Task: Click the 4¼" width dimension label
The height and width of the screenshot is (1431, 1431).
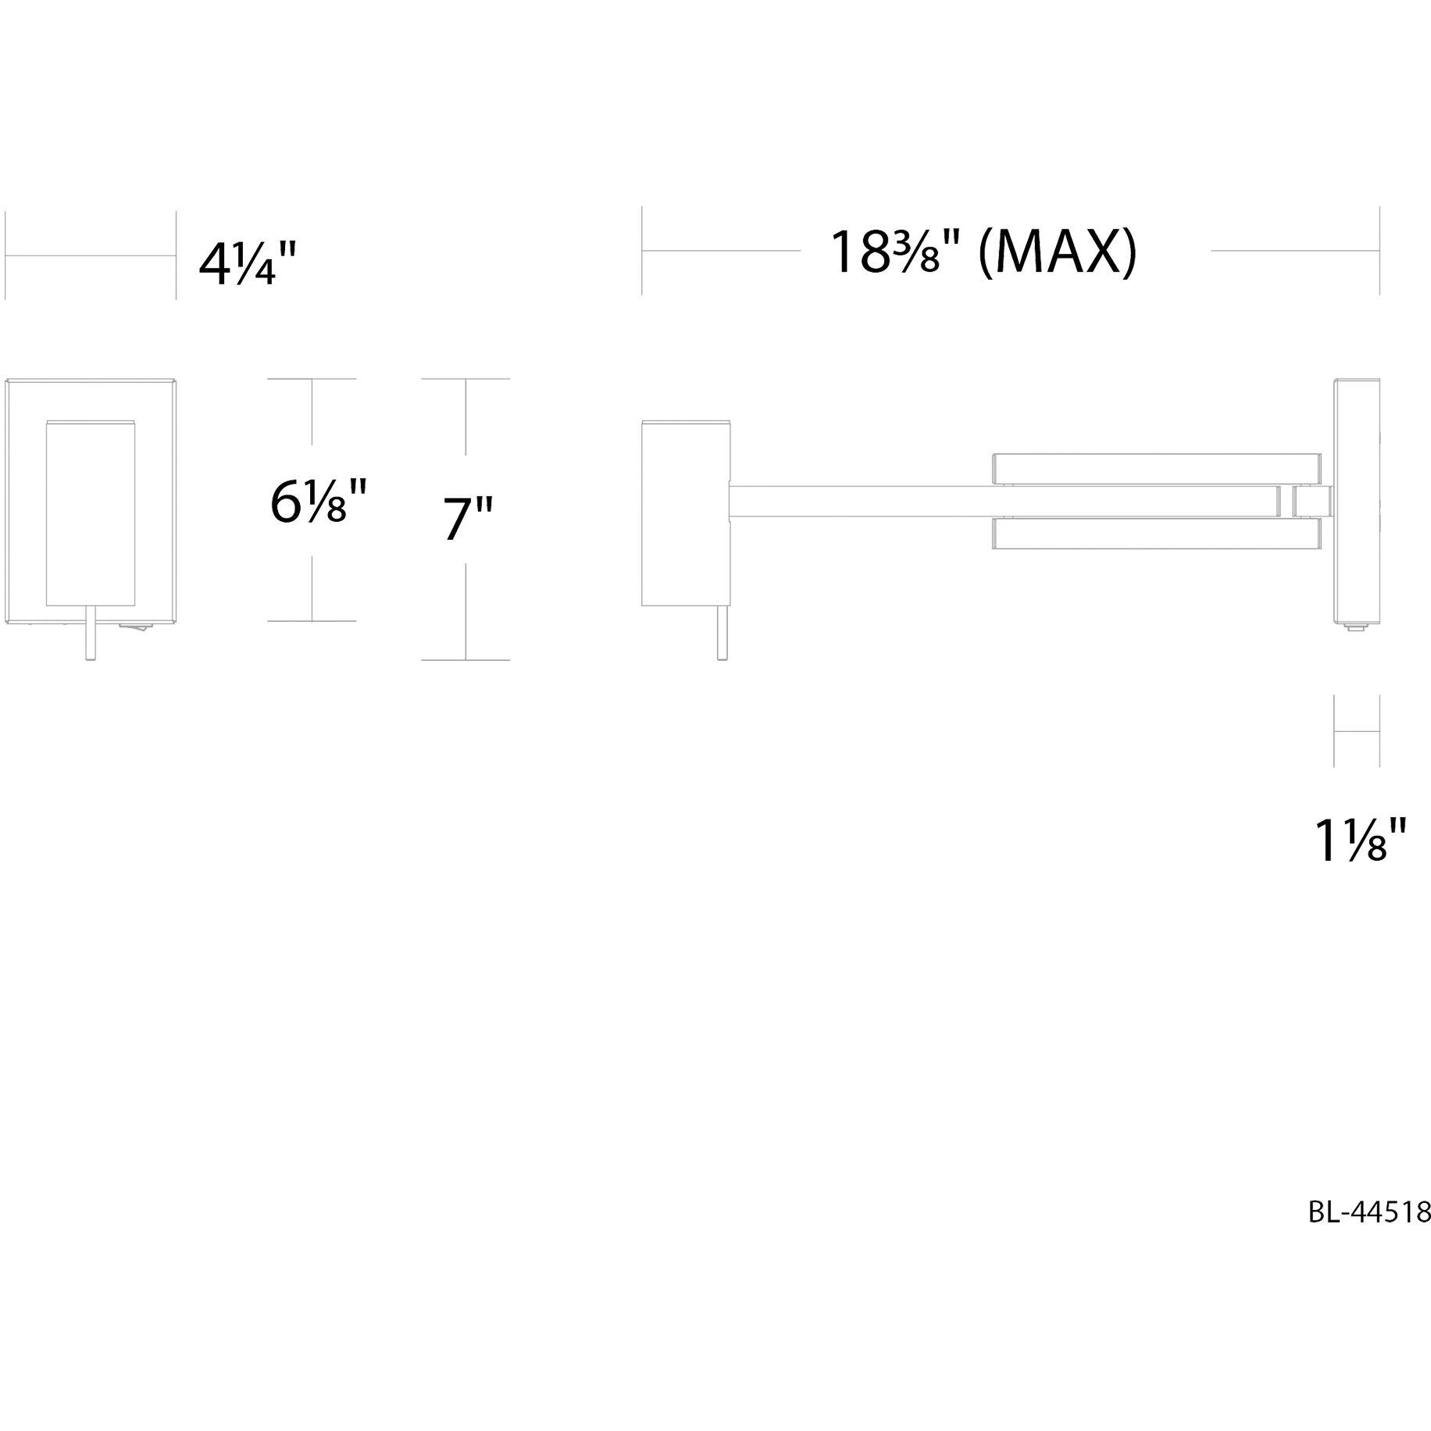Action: click(x=248, y=264)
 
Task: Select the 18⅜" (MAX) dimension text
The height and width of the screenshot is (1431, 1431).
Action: click(x=982, y=252)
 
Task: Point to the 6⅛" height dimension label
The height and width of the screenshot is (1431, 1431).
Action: click(x=318, y=501)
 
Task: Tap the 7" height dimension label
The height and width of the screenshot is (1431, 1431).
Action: click(x=468, y=518)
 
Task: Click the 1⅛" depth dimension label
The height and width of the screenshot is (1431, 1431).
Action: click(x=1361, y=840)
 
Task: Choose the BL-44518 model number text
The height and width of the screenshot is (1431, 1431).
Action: click(x=1369, y=1233)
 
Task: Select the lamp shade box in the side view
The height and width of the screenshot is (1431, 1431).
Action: click(x=685, y=513)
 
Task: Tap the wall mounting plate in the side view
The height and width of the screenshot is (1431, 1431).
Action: click(x=1357, y=500)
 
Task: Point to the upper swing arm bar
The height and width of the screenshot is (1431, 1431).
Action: click(x=1156, y=467)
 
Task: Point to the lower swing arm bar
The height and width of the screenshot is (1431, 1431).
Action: click(x=1156, y=533)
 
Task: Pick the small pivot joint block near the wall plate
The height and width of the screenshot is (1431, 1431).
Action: click(x=1311, y=501)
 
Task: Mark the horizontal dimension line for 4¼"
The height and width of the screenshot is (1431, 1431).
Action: click(x=90, y=255)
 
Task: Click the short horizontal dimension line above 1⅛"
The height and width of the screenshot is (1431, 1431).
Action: click(x=1357, y=731)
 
